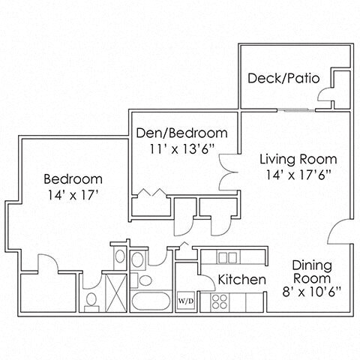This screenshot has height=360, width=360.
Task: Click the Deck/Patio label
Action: [283, 77]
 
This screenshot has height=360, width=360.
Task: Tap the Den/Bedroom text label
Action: [181, 133]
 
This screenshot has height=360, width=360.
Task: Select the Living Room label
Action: [298, 159]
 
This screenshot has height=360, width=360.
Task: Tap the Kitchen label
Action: [241, 280]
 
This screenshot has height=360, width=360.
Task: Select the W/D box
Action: [185, 301]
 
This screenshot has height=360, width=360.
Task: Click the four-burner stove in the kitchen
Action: [221, 301]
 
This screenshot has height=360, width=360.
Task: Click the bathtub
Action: [150, 301]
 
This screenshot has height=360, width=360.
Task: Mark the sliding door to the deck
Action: [296, 112]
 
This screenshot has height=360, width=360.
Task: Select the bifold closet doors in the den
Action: [154, 193]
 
